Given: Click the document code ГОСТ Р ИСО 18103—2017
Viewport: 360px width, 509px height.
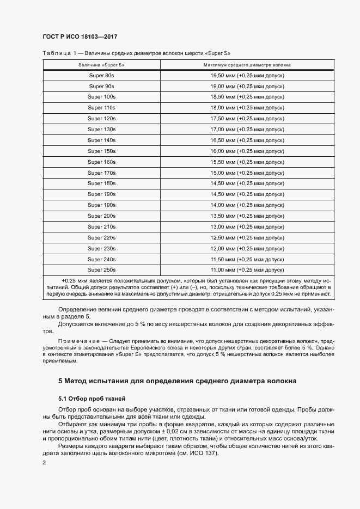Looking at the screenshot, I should click(x=80, y=37).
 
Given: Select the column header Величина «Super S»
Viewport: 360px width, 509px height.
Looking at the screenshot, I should click(x=102, y=64).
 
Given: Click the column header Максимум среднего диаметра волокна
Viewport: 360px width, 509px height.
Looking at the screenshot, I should click(x=247, y=64).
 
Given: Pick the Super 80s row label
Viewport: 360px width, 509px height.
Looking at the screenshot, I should click(x=102, y=76).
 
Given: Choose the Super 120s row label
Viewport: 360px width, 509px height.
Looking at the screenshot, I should click(x=102, y=119).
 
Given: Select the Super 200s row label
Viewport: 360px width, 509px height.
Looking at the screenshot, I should click(x=102, y=216).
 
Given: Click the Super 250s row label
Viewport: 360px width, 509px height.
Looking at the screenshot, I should click(x=102, y=269).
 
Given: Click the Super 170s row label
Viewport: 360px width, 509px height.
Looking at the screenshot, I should click(x=102, y=173).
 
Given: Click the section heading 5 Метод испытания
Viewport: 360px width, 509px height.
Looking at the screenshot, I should click(x=177, y=381).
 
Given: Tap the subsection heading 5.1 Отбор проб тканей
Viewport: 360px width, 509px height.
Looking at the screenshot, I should click(x=91, y=398).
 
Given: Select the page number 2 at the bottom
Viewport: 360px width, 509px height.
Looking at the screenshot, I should click(x=44, y=463).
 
